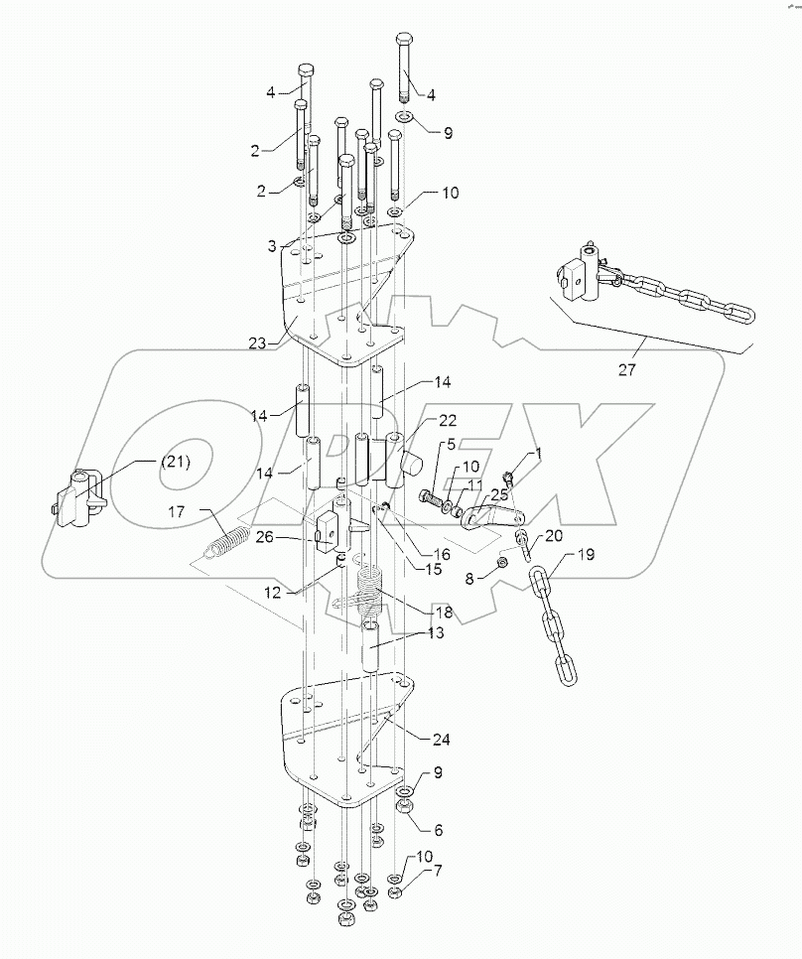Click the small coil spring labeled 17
click(228, 543)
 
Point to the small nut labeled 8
click(502, 563)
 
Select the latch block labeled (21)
click(76, 498)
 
